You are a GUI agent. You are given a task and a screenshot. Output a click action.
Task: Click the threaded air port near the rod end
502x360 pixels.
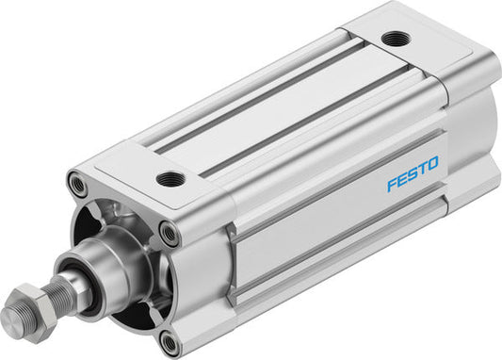[170, 178]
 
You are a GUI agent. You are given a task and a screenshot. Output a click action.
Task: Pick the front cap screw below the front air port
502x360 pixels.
[169, 232]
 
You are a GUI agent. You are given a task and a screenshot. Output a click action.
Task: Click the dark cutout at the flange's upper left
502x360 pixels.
[108, 213]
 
